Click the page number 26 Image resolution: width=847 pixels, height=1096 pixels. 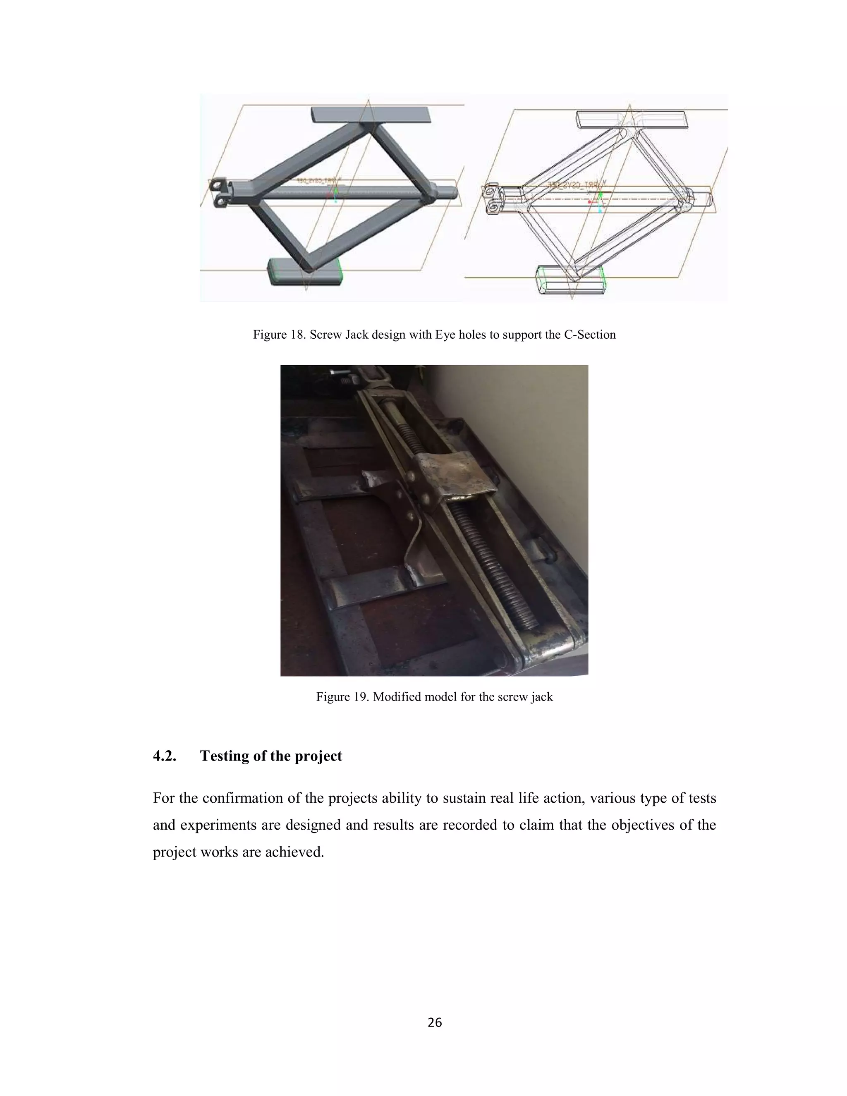tap(435, 1022)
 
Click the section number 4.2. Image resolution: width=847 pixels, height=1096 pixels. tap(165, 756)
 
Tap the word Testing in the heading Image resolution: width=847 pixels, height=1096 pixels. tap(227, 756)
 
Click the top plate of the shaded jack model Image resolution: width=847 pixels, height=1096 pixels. tap(371, 115)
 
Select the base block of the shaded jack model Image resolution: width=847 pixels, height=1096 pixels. tap(305, 272)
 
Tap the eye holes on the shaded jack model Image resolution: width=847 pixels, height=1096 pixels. tap(219, 193)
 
